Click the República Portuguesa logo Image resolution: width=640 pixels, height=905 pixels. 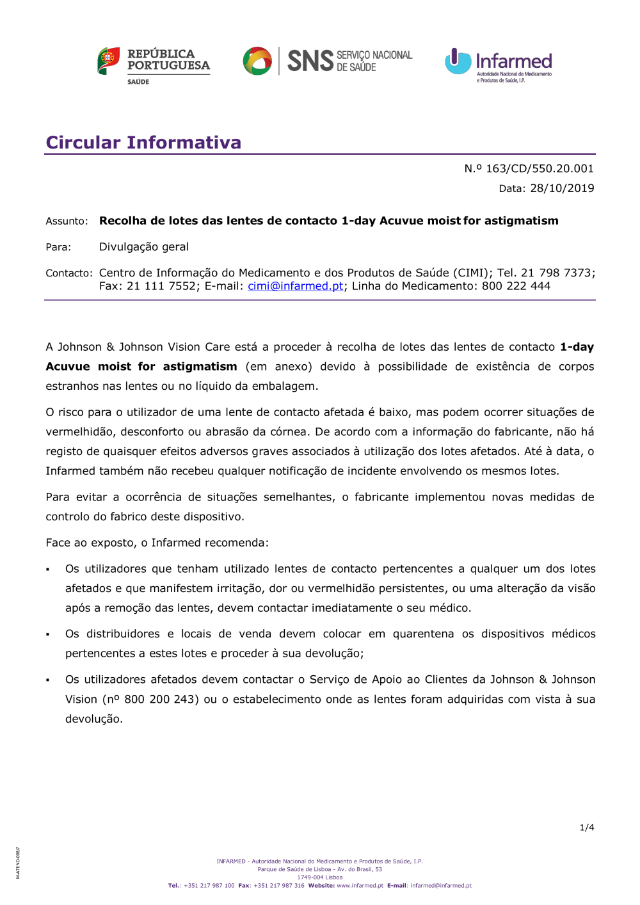tap(154, 65)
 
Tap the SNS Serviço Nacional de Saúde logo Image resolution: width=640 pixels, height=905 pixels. tap(328, 61)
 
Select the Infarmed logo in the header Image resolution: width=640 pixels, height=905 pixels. tap(499, 65)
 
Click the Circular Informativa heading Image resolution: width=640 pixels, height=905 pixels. tap(143, 142)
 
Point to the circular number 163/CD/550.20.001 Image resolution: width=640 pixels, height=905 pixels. tap(540, 168)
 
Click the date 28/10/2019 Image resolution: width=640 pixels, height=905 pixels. tap(562, 188)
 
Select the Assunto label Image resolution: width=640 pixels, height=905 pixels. tap(67, 221)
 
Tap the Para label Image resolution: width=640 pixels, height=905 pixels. tap(58, 247)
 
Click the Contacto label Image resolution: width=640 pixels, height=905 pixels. tap(68, 273)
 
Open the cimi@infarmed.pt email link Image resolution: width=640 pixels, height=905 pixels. tap(296, 286)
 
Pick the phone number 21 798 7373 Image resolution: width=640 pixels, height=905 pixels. tap(556, 273)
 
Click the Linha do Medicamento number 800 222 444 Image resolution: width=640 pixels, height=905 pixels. tap(516, 286)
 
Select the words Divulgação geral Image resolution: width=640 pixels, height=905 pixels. tap(144, 247)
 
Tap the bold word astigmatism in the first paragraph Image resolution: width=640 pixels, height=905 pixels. tap(200, 367)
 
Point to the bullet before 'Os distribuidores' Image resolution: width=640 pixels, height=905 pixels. tap(48, 634)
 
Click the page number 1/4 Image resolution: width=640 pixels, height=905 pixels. tap(587, 828)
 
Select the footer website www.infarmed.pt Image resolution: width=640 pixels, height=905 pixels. tap(360, 886)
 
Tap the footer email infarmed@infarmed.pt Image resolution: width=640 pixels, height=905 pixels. tap(441, 886)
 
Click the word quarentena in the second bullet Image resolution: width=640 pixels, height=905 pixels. tap(424, 634)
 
